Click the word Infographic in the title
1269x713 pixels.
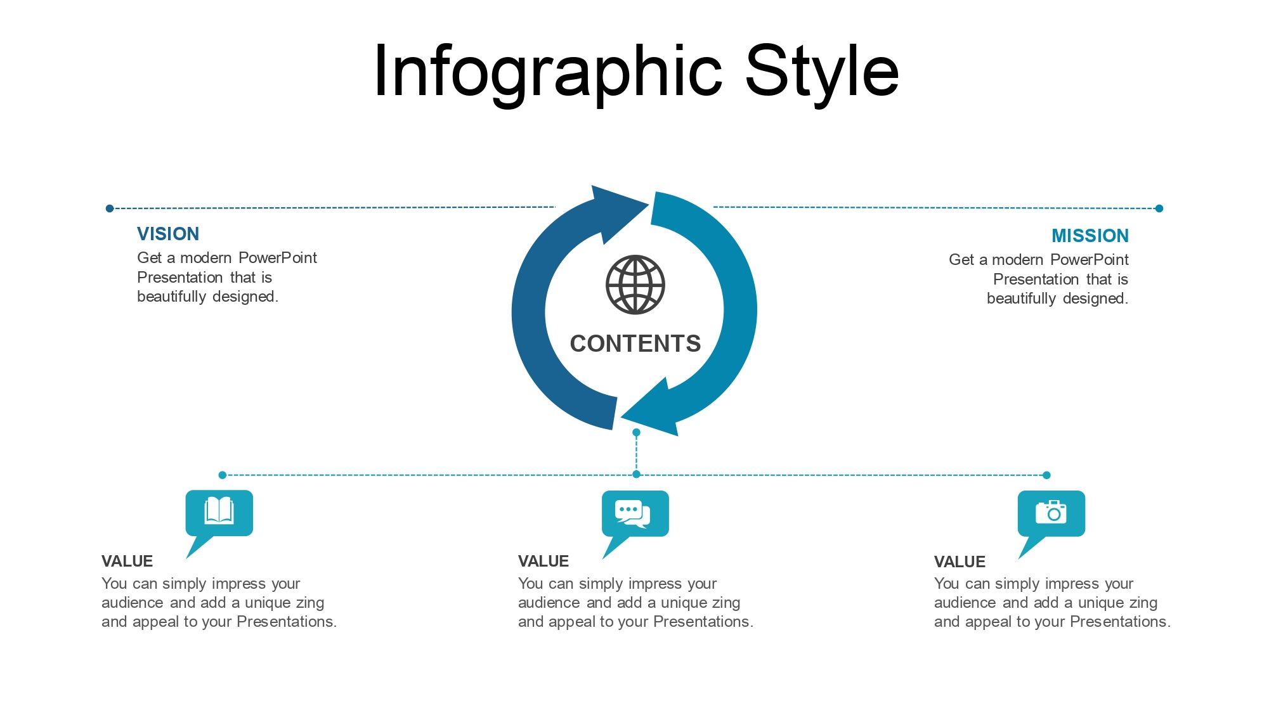point(548,72)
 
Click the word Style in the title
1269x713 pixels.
point(822,72)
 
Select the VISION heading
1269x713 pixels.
point(168,234)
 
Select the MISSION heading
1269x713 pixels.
point(1090,236)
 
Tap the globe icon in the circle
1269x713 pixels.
point(635,285)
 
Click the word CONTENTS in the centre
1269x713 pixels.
point(635,344)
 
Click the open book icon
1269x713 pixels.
point(219,511)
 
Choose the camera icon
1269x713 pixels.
point(1051,511)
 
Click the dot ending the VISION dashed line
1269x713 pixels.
point(110,209)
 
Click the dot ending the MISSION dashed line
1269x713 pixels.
point(1159,209)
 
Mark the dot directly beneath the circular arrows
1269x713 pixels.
point(636,432)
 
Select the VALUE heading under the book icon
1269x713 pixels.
point(127,562)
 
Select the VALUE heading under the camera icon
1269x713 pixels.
point(960,562)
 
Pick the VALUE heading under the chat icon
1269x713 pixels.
point(543,562)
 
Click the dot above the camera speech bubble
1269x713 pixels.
point(1046,475)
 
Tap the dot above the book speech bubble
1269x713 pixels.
point(222,475)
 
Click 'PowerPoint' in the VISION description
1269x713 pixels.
point(277,258)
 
